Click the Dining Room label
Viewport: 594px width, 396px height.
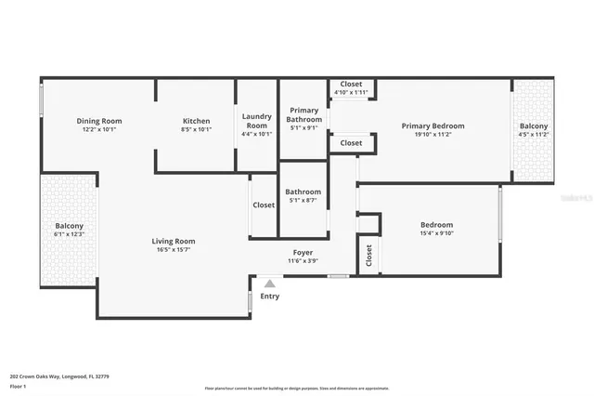click(99, 121)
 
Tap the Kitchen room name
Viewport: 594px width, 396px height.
click(196, 121)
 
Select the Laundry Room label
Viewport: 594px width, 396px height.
click(257, 121)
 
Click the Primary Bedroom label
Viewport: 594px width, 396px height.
click(433, 125)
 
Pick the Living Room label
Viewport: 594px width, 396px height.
click(174, 241)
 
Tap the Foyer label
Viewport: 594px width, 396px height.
click(303, 252)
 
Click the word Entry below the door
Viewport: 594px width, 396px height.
click(269, 297)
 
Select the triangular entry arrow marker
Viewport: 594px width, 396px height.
click(269, 284)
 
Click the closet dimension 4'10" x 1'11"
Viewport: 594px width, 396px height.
click(351, 92)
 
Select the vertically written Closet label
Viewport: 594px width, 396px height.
click(368, 256)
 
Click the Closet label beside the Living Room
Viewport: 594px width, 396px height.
click(264, 205)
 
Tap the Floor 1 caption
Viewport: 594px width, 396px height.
click(18, 385)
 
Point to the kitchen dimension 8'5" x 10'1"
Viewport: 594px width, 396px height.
click(196, 129)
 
